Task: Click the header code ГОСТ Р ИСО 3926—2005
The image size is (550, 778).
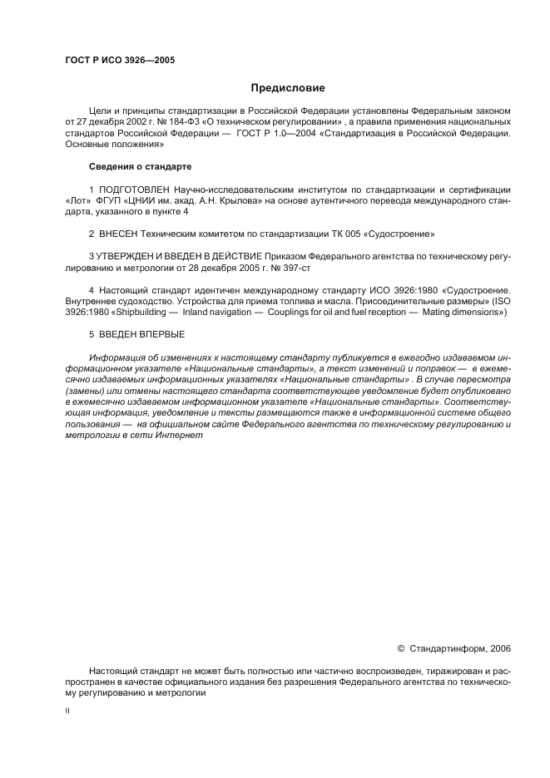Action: coord(119,61)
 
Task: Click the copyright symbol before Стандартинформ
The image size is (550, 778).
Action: coord(401,648)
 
